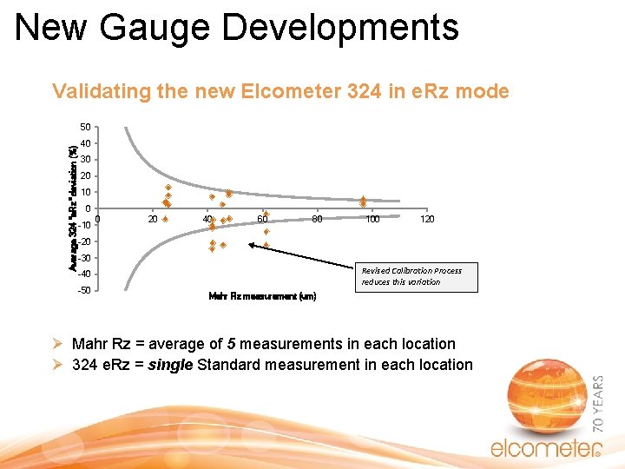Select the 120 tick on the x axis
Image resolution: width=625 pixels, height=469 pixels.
pyautogui.click(x=427, y=220)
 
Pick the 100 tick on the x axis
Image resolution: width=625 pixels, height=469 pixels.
pyautogui.click(x=372, y=220)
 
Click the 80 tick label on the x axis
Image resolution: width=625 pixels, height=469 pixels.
pyautogui.click(x=318, y=220)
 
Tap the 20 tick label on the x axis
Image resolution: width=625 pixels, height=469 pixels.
pyautogui.click(x=153, y=220)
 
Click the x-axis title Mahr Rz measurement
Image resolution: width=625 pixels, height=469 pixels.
pyautogui.click(x=262, y=296)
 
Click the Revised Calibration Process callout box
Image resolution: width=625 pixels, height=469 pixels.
pyautogui.click(x=411, y=276)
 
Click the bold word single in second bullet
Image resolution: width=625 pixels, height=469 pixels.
pyautogui.click(x=172, y=365)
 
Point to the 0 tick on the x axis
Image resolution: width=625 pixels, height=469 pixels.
pyautogui.click(x=99, y=219)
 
